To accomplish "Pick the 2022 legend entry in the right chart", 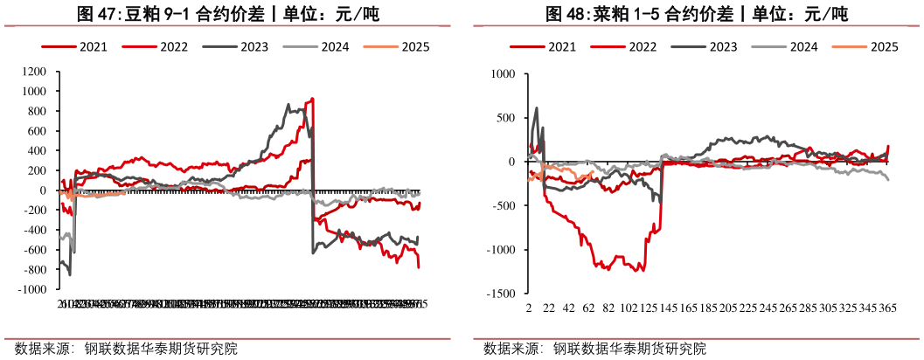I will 641,47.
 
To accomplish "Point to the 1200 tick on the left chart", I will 34,72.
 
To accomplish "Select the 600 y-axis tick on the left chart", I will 38,131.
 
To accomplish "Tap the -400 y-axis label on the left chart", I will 34,231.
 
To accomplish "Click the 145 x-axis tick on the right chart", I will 668,309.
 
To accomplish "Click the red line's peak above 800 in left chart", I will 313,99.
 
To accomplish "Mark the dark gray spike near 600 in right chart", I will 536,108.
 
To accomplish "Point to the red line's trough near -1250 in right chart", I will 643,271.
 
